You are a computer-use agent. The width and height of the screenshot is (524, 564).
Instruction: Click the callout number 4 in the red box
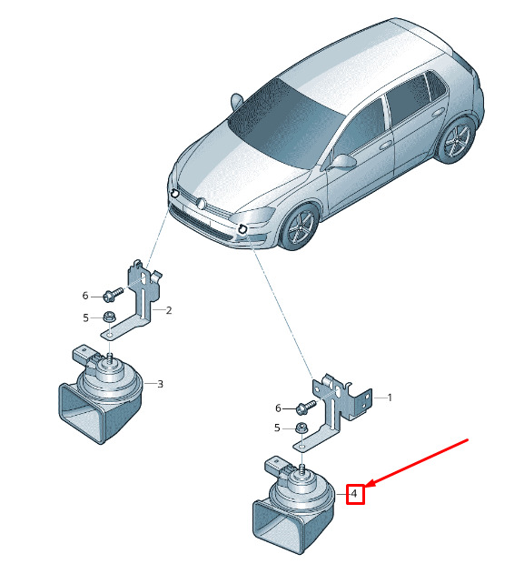coord(354,493)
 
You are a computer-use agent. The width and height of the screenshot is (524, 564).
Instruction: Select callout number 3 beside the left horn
coord(160,384)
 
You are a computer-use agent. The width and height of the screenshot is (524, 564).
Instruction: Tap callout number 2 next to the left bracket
coord(169,310)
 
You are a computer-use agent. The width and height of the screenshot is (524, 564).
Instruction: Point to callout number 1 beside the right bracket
coord(390,398)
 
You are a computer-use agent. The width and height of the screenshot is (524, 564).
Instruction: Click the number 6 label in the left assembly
coord(85,296)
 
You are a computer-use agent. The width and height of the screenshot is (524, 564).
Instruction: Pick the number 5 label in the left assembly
coord(85,318)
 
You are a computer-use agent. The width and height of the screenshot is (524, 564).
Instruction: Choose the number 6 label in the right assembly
coord(278,408)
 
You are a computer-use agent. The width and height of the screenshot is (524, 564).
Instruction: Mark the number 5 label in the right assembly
coord(277,428)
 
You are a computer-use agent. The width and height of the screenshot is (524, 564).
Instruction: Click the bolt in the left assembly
coord(113,294)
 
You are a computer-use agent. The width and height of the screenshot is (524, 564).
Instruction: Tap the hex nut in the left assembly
coord(109,317)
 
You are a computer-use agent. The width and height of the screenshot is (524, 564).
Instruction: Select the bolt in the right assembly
coord(306,407)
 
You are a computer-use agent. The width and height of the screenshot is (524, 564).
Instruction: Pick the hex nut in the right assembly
coord(301,428)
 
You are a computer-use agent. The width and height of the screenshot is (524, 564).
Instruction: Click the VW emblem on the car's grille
coord(202,204)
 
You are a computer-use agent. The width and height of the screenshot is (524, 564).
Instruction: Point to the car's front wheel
coord(300,226)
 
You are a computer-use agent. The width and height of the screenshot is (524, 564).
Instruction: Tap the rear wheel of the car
coord(456,139)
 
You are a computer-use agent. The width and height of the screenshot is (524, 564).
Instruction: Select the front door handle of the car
coord(386,145)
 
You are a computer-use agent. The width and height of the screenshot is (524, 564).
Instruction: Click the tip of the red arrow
coord(366,487)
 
